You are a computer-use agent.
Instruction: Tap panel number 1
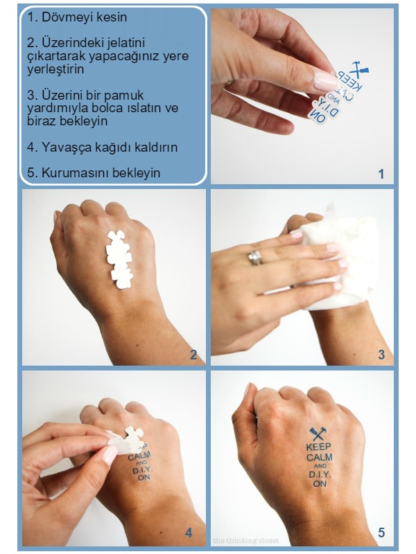[x=381, y=174]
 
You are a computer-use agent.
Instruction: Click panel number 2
[x=193, y=355]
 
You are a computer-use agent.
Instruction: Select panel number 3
[x=381, y=355]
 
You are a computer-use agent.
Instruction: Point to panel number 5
[x=381, y=533]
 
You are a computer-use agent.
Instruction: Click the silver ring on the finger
[x=255, y=258]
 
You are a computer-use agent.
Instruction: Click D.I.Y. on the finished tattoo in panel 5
[x=320, y=475]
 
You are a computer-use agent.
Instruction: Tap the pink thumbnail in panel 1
[x=325, y=81]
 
